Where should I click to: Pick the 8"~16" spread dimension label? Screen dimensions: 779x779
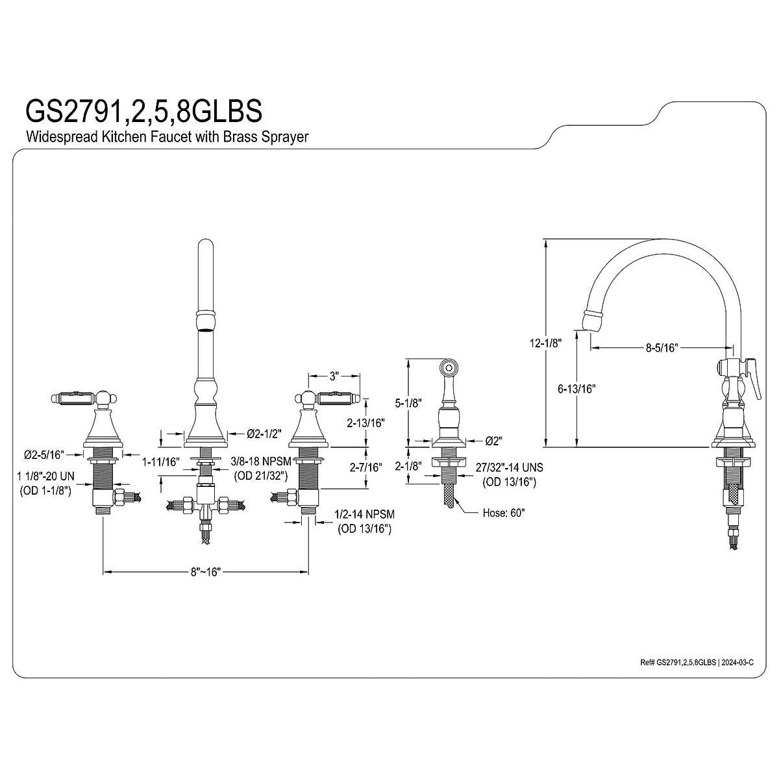point(206,572)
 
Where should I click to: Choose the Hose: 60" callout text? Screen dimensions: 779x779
point(504,512)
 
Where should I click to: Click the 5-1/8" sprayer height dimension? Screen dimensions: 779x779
point(408,402)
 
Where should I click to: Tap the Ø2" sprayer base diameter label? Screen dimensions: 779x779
point(493,441)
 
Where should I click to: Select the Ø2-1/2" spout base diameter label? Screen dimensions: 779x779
point(265,434)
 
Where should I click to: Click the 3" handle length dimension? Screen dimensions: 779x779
point(334,376)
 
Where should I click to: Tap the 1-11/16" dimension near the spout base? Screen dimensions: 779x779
point(160,462)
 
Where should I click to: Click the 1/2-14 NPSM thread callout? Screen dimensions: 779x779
point(364,514)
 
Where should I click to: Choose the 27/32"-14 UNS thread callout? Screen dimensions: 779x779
point(509,467)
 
